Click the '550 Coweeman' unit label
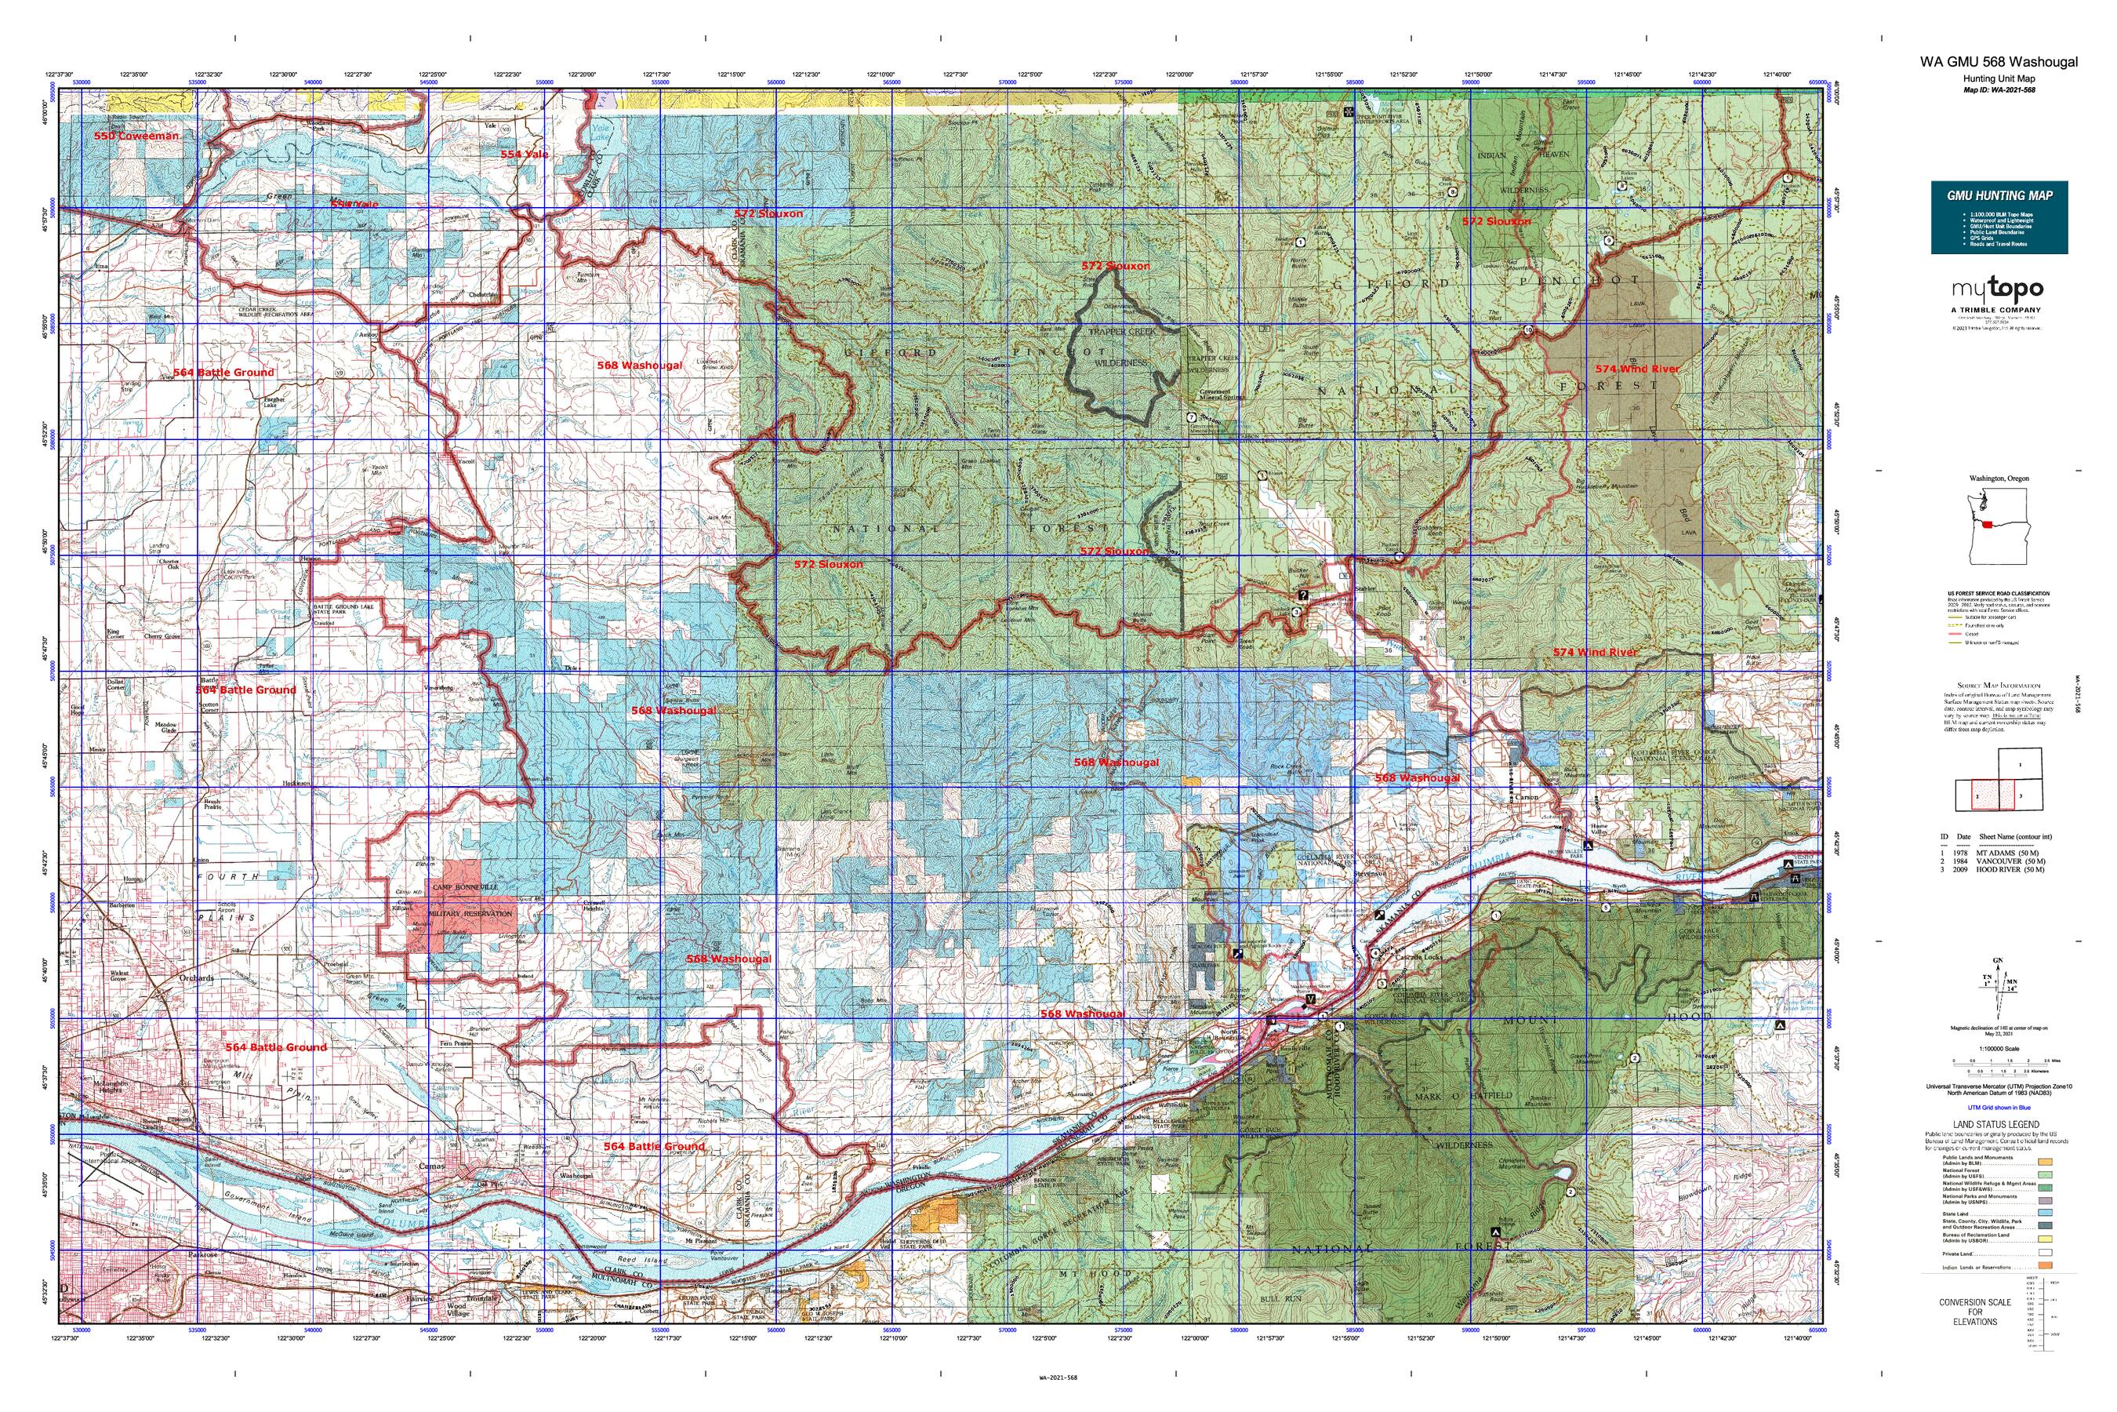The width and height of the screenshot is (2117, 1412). point(136,135)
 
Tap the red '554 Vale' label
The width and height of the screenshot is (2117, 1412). point(525,154)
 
